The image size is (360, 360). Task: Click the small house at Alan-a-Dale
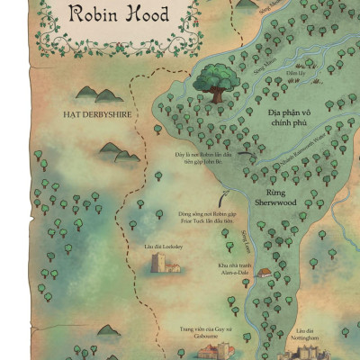click(264, 271)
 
